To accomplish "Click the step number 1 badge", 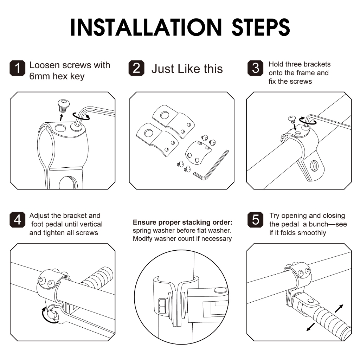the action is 18,68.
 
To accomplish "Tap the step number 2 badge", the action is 136,68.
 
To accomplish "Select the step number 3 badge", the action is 255,68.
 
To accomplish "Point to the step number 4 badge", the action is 18,220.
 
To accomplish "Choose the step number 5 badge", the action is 255,220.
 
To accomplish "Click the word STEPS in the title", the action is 261,27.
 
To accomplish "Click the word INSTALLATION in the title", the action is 146,27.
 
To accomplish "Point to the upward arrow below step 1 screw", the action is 61,117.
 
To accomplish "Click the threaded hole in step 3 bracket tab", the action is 314,166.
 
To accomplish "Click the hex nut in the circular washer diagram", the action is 162,306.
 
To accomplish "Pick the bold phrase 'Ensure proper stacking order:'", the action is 182,222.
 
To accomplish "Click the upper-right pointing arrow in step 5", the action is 339,308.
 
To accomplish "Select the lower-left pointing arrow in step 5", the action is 311,327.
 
